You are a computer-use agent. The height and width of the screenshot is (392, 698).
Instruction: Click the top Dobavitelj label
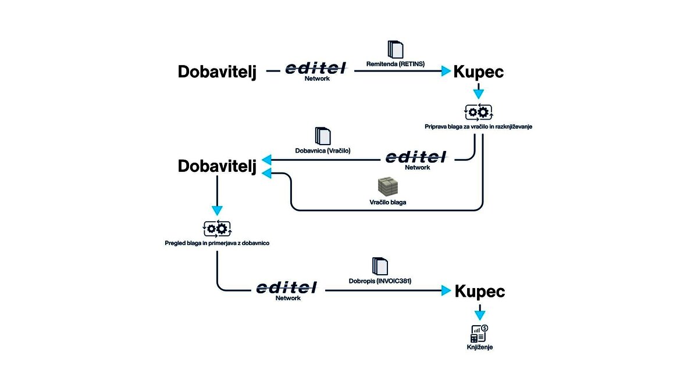click(x=217, y=71)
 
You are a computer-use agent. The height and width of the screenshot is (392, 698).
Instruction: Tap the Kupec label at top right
click(x=478, y=71)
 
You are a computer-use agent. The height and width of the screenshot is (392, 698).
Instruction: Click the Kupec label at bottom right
click(x=480, y=291)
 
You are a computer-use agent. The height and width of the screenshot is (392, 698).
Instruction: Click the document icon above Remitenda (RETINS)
click(x=396, y=49)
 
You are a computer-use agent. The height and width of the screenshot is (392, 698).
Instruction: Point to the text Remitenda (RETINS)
click(x=396, y=64)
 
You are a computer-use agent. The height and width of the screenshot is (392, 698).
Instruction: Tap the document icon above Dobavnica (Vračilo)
click(x=322, y=136)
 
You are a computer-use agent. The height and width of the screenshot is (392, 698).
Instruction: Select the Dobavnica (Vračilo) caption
click(x=323, y=150)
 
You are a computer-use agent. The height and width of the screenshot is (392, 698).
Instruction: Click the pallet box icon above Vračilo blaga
click(x=387, y=186)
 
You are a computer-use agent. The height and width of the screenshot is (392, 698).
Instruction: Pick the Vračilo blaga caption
click(x=387, y=203)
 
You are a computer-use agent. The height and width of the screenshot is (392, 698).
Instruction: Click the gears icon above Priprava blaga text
click(x=478, y=112)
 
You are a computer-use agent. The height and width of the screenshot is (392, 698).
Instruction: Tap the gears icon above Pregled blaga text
click(x=217, y=228)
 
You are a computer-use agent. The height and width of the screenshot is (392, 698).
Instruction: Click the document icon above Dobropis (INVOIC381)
click(x=380, y=266)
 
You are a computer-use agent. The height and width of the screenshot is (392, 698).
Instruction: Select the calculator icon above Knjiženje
click(x=479, y=333)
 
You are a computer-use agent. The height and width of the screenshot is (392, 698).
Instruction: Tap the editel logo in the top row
click(x=317, y=69)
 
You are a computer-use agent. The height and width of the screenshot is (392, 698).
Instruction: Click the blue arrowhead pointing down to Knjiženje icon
click(x=479, y=315)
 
